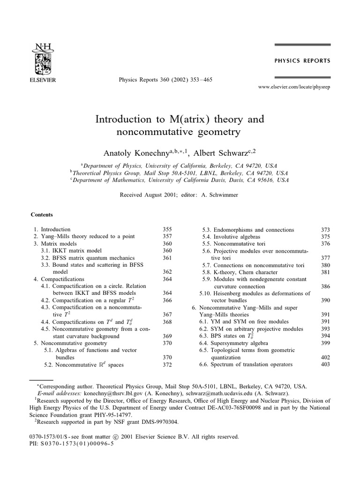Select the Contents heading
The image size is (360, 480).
coord(42,215)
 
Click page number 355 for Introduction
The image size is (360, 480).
coord(167,230)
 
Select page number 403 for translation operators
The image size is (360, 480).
coord(325,364)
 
